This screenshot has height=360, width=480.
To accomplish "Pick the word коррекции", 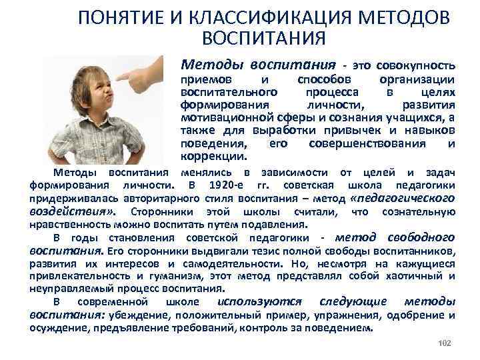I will pyautogui.click(x=213, y=156).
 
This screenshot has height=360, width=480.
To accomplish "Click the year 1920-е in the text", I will pyautogui.click(x=225, y=185).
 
